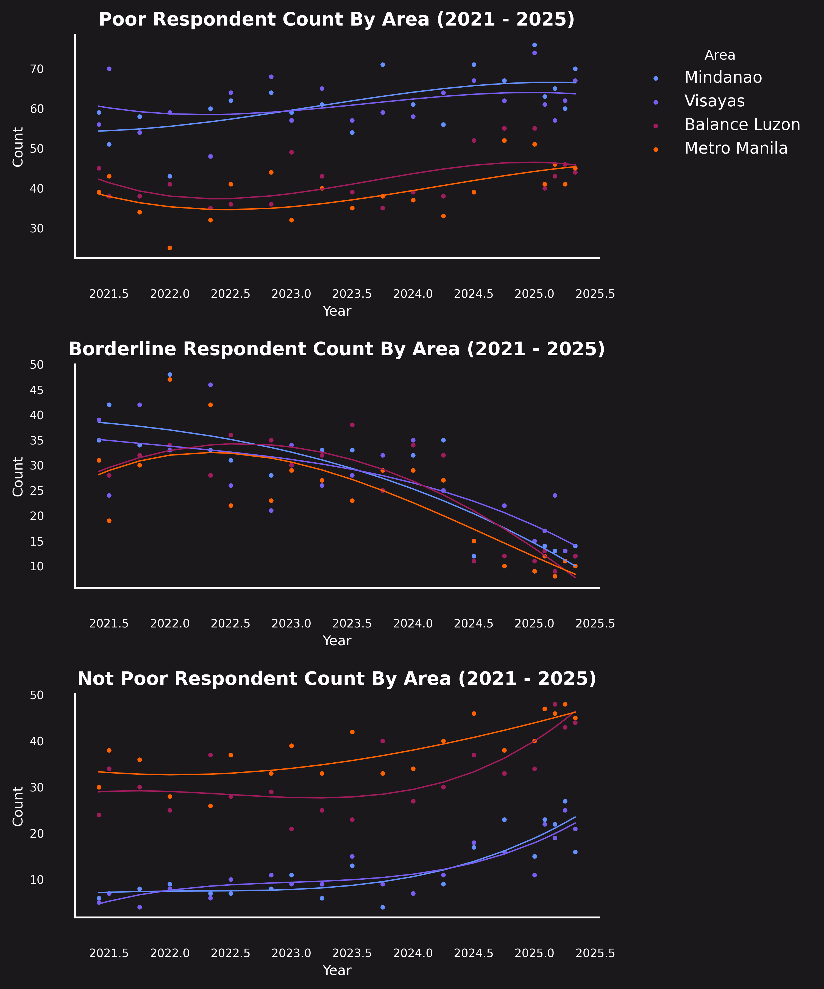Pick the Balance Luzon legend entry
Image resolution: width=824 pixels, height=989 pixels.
click(x=742, y=125)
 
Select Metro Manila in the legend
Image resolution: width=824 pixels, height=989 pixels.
click(x=736, y=148)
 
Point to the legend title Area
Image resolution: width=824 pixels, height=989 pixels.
click(x=719, y=55)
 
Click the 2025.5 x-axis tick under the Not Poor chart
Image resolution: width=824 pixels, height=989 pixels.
click(x=595, y=953)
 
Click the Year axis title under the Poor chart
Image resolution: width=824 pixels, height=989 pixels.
click(x=337, y=311)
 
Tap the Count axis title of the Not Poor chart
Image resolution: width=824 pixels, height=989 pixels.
click(x=18, y=806)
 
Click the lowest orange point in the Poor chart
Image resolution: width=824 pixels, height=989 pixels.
click(x=170, y=248)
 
